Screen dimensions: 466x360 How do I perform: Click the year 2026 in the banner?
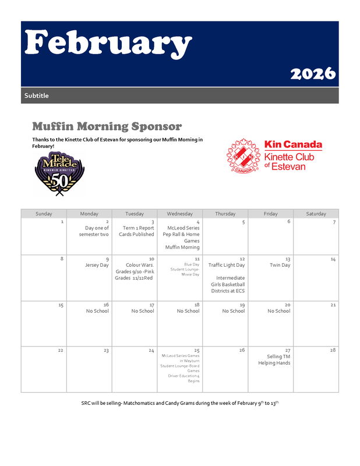click(313, 73)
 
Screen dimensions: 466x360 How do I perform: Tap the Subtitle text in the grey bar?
click(37, 96)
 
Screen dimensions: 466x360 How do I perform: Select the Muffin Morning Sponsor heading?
click(107, 126)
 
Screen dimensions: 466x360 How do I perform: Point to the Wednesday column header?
click(179, 214)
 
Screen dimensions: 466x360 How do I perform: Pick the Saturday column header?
click(316, 214)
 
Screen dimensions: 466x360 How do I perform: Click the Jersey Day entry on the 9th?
click(97, 265)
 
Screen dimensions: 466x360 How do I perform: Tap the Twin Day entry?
click(280, 265)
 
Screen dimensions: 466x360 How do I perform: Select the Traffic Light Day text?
click(227, 265)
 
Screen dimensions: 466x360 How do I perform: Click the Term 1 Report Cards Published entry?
click(138, 231)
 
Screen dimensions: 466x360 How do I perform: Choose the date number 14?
click(333, 259)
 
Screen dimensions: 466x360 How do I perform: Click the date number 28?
click(333, 350)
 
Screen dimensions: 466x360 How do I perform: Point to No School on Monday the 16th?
click(97, 311)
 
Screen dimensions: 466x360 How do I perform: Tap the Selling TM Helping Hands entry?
click(275, 359)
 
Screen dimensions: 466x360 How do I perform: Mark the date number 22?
click(61, 350)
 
